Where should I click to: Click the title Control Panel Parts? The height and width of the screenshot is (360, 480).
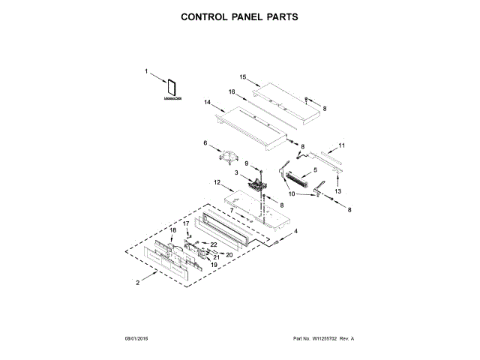(239, 16)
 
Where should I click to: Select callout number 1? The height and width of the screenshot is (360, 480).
(147, 71)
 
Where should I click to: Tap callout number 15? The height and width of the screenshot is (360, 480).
(243, 76)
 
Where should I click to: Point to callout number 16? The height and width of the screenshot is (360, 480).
(232, 92)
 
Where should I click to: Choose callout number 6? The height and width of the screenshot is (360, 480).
(205, 142)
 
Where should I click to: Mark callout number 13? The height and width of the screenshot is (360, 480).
(337, 192)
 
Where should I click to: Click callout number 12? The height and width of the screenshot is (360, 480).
(216, 181)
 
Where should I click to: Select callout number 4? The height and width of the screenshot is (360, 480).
(295, 231)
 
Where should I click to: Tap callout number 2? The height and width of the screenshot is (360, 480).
(137, 283)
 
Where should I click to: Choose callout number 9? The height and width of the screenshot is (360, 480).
(246, 163)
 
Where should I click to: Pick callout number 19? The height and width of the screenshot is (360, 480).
(213, 265)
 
